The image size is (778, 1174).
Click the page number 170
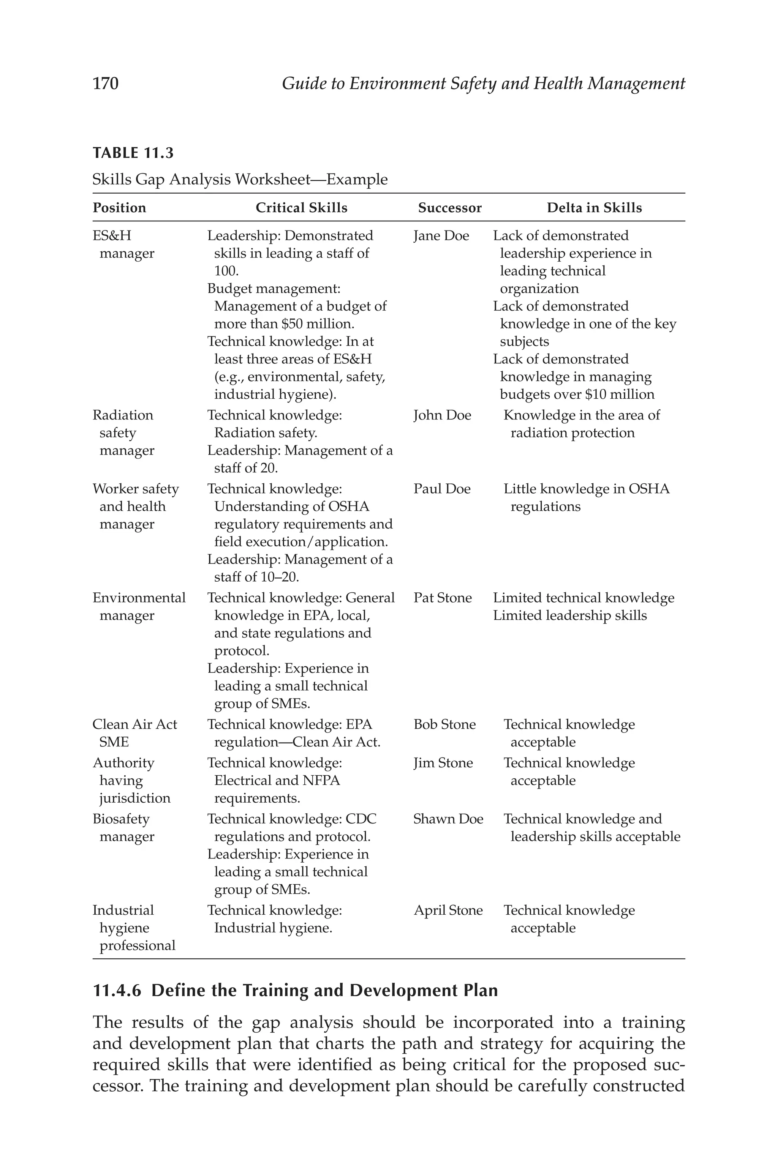pos(105,83)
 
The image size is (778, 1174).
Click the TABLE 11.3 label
pos(133,153)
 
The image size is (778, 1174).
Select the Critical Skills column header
pos(301,208)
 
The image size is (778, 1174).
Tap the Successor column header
pos(449,208)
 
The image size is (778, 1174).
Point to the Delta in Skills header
pos(594,208)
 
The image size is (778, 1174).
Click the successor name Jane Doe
pos(441,236)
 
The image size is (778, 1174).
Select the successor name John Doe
pos(442,415)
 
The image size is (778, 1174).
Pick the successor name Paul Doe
pos(441,489)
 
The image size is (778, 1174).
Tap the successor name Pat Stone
pos(443,598)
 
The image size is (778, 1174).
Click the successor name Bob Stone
pos(444,725)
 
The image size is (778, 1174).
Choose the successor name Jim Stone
pos(443,763)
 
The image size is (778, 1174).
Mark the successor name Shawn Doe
pos(448,819)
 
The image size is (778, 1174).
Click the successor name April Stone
pos(448,911)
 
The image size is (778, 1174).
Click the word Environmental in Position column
pos(139,598)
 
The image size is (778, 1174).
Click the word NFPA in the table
pos(321,781)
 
